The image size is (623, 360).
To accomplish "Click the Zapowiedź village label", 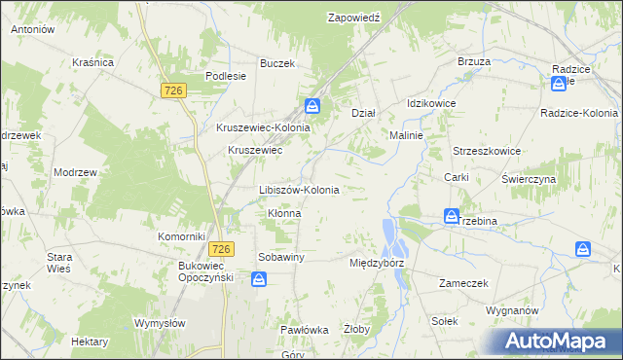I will coord(358,18).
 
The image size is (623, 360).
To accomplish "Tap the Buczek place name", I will coord(276,63).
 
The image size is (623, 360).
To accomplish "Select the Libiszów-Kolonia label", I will coord(299,190).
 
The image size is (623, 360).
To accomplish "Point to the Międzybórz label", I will coord(377,263).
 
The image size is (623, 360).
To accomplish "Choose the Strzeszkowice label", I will coord(487,151).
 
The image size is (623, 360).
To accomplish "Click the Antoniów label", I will coord(32,29).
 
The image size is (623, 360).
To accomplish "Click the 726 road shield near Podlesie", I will coord(174,90).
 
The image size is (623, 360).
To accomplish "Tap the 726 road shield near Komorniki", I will coord(220,249).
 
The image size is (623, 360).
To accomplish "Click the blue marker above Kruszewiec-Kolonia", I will coord(312,106).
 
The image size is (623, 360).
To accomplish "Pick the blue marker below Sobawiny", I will coord(259,280).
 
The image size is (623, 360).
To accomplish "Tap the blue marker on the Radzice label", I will coord(559,84).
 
